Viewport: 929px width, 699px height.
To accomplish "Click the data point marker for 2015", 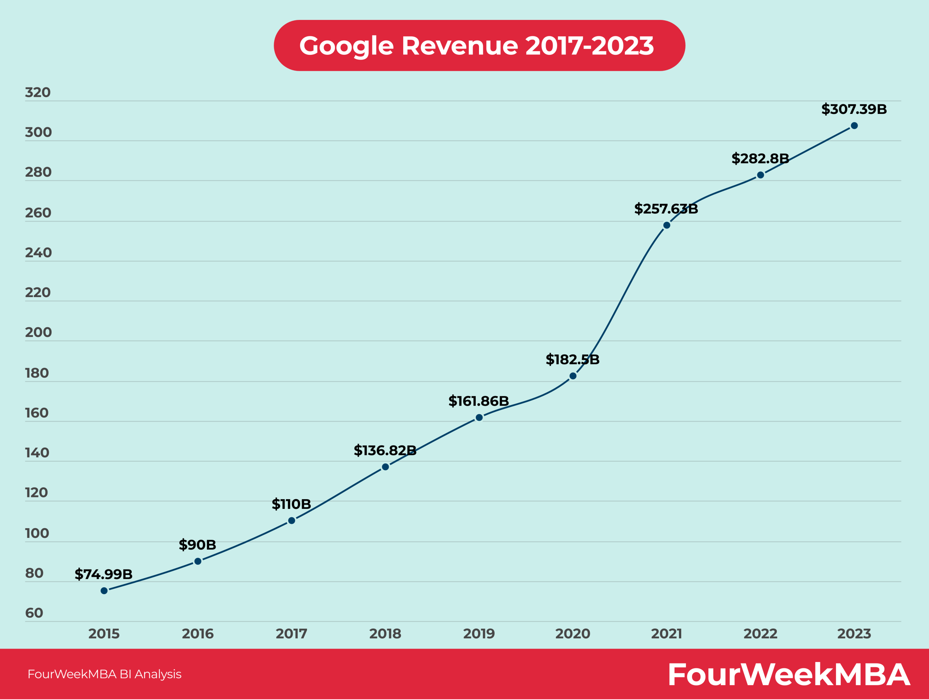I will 104,591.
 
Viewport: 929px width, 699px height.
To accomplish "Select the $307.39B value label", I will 854,109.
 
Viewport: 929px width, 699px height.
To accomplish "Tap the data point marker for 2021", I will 667,226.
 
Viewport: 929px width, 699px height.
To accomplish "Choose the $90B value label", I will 197,545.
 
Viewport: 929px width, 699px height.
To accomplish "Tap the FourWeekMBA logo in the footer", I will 789,675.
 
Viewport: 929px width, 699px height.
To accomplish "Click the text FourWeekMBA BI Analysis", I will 104,674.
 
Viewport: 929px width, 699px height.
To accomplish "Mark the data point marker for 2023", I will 854,126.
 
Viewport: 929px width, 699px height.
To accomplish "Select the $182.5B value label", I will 572,359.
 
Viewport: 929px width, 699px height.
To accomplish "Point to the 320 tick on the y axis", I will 38,92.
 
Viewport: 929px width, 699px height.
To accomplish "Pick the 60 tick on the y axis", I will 34,613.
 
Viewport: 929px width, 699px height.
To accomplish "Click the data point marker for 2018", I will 385,467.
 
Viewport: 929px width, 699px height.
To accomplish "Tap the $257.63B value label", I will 666,209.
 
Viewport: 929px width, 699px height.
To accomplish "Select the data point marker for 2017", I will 291,521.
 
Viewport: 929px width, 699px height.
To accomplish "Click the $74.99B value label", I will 104,574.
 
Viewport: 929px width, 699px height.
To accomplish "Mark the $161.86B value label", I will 478,401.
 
